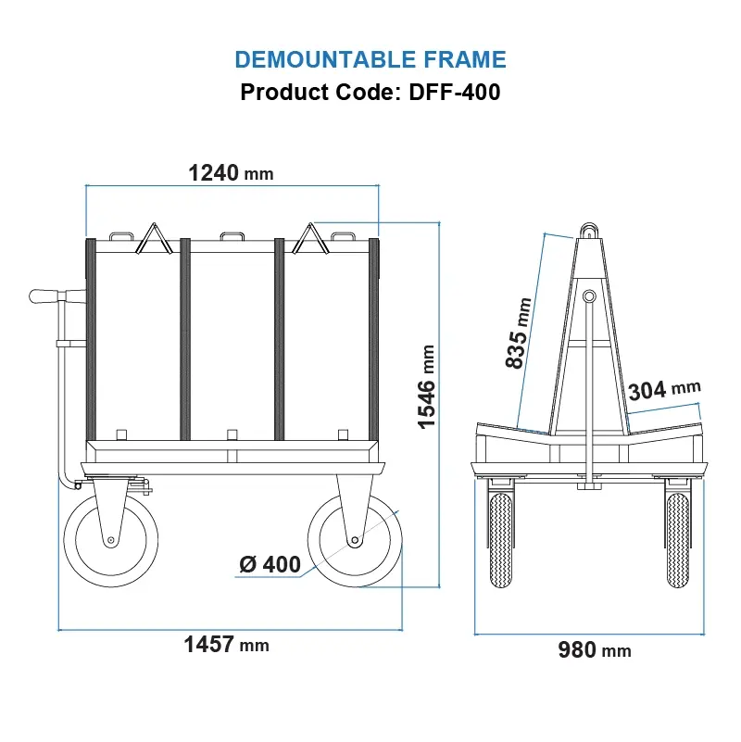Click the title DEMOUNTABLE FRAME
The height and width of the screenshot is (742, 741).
370,60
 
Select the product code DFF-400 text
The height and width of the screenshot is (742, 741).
370,93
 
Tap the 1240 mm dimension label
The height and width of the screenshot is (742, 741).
231,172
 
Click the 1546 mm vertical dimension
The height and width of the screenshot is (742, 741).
427,386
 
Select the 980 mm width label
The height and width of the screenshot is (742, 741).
594,650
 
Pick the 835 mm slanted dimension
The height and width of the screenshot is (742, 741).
520,333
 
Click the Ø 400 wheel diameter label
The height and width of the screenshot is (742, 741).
270,564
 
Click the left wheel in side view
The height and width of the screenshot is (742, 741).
110,540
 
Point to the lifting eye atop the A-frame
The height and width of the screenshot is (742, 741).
588,228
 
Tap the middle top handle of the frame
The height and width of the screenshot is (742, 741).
232,236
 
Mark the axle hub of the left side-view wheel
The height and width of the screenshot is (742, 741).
110,540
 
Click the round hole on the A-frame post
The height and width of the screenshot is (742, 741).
588,296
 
